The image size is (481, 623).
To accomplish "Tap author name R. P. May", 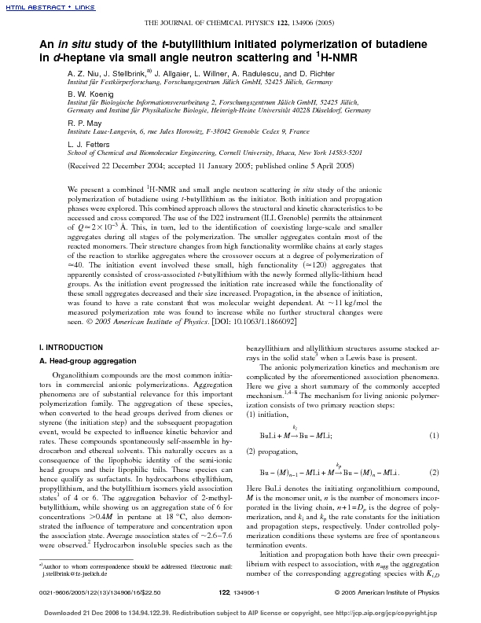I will pyautogui.click(x=85, y=146).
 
